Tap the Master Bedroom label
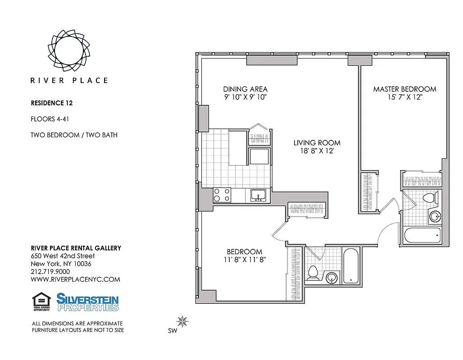click(x=404, y=89)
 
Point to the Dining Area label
click(x=245, y=89)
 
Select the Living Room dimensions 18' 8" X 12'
click(x=317, y=151)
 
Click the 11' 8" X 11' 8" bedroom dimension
click(x=244, y=260)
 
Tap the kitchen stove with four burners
click(x=222, y=195)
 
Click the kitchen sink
click(x=258, y=195)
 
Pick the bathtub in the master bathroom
click(x=422, y=235)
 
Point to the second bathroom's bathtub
click(x=351, y=265)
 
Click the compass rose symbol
click(x=182, y=321)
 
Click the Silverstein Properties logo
click(x=87, y=302)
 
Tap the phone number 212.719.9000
click(x=50, y=271)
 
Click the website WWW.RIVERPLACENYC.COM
click(x=75, y=279)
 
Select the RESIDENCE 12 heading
click(x=52, y=103)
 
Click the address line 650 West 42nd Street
click(x=59, y=256)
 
